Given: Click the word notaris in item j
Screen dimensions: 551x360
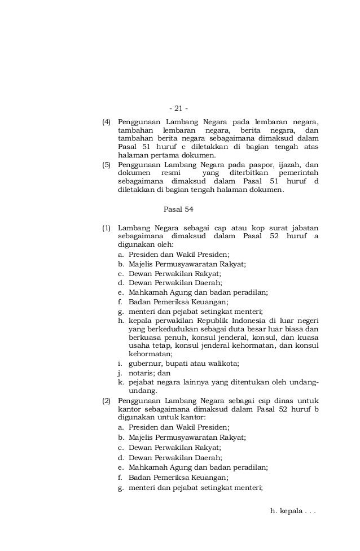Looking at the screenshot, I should point(141,373).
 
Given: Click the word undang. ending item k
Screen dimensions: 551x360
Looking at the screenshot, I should point(143,391).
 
